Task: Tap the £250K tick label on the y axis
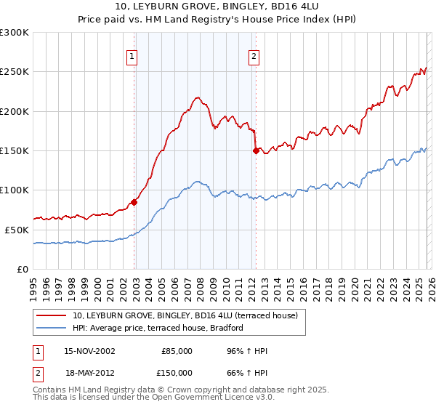pos(15,72)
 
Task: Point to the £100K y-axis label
pos(15,190)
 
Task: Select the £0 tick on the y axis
pos(22,269)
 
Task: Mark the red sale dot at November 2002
pos(134,202)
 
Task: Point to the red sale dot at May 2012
pos(256,151)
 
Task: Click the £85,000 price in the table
pos(177,351)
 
